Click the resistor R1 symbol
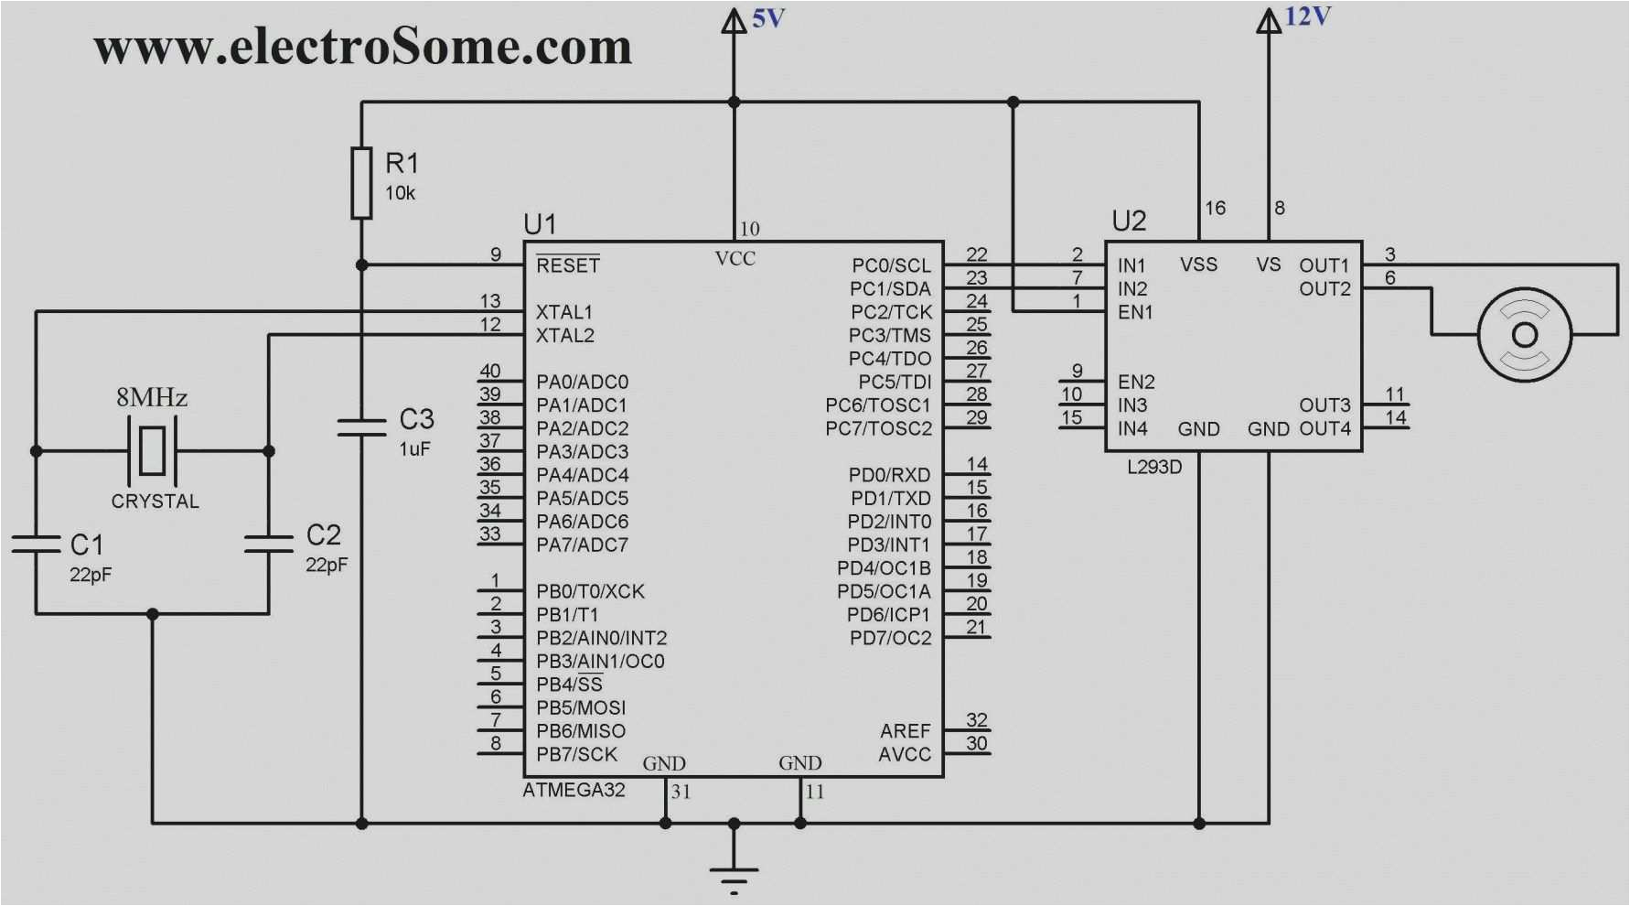point(362,183)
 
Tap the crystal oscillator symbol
point(152,450)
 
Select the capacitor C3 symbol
point(362,427)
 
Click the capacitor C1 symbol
point(36,544)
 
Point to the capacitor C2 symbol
point(269,544)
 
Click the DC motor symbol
point(1524,334)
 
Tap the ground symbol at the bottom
point(734,874)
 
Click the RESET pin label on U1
point(568,265)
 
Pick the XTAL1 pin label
point(564,312)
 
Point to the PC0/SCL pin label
point(891,265)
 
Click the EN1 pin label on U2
point(1135,312)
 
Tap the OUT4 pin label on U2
point(1324,428)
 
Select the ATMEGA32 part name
point(574,790)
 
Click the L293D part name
point(1154,467)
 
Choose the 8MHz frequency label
point(152,397)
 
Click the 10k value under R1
point(400,193)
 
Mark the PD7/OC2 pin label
point(890,638)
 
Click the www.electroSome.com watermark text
point(362,47)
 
